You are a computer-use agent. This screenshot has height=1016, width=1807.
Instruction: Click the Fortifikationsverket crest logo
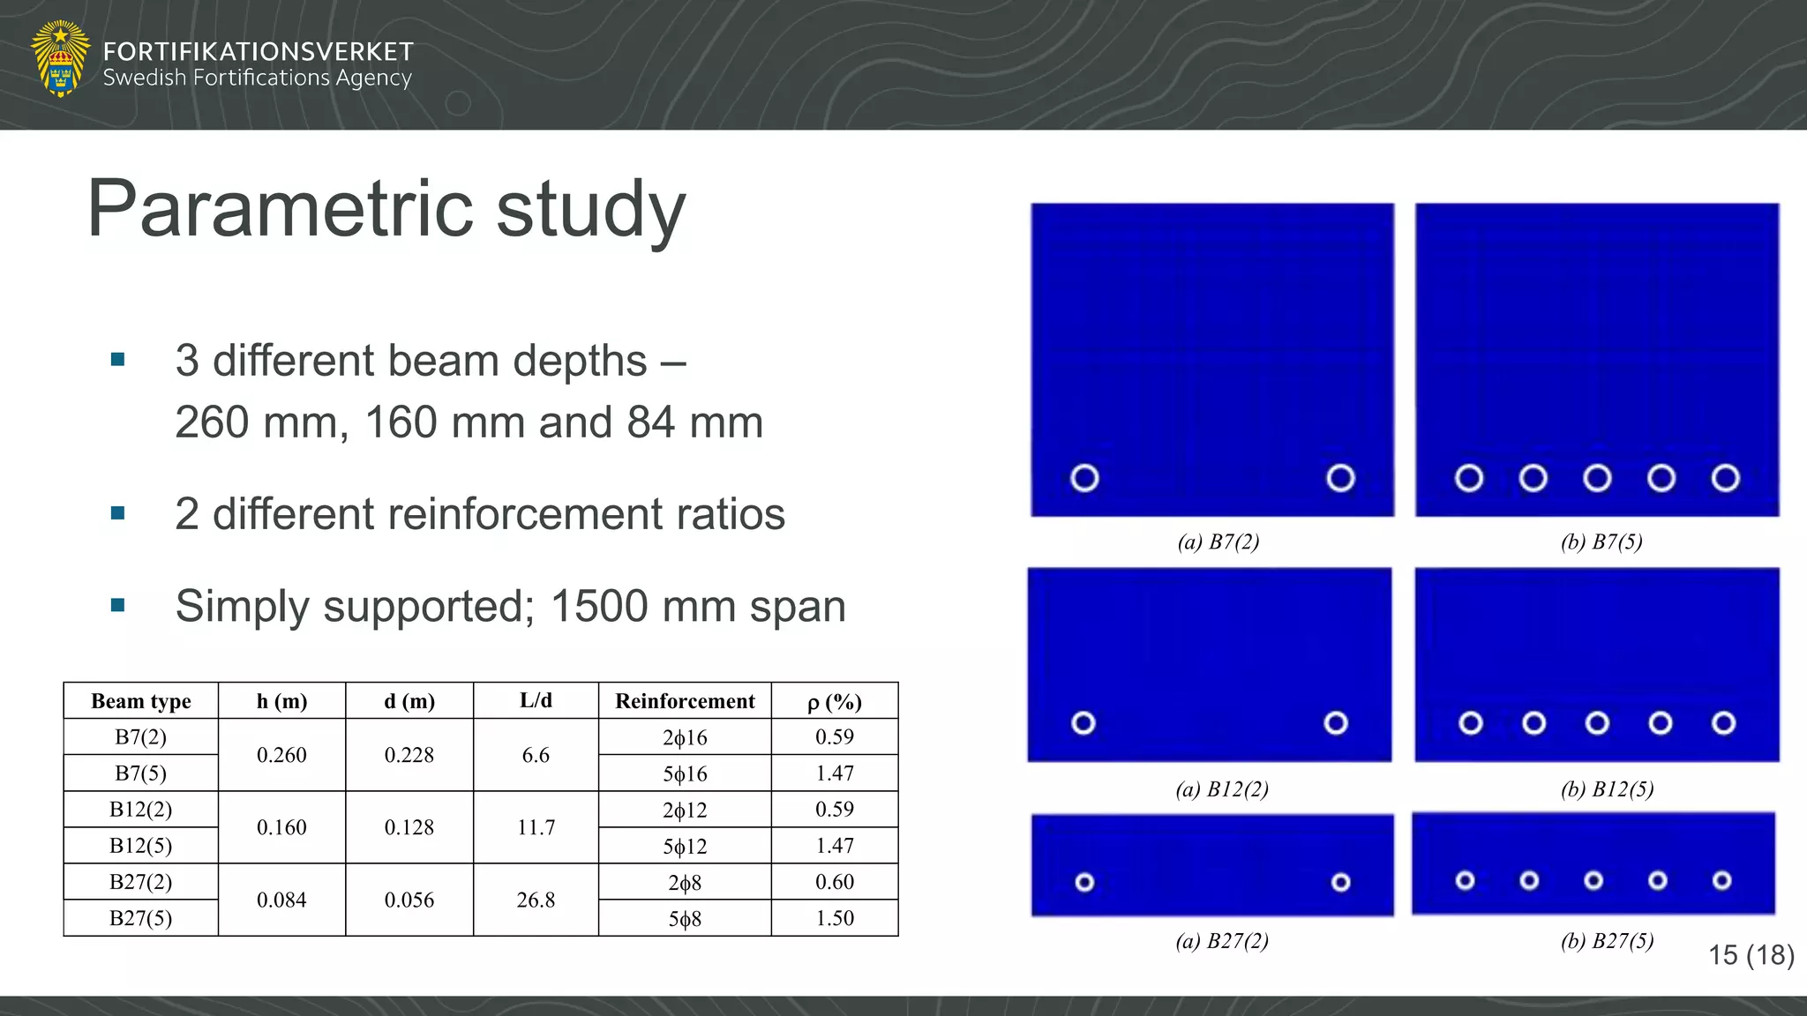click(x=60, y=58)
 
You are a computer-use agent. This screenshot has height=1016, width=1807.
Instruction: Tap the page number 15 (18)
click(x=1751, y=954)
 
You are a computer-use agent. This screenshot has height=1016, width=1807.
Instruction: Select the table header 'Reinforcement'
click(x=685, y=701)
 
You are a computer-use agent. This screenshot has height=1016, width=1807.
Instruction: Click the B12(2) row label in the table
click(x=140, y=810)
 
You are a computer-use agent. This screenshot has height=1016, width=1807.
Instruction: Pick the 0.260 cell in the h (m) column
click(x=281, y=755)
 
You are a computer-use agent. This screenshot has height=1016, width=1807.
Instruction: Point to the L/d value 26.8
click(x=536, y=900)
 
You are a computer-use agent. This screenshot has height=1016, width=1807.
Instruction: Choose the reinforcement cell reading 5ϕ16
click(x=685, y=773)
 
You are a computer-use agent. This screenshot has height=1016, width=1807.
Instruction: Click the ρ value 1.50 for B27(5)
click(x=835, y=918)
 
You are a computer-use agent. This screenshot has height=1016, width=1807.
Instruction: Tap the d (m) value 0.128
click(x=409, y=827)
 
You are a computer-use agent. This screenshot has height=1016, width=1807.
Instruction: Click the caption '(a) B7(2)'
click(x=1218, y=542)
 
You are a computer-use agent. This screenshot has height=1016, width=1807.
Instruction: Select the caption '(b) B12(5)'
click(x=1607, y=788)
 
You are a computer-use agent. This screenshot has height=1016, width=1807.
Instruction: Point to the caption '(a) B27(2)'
click(x=1222, y=941)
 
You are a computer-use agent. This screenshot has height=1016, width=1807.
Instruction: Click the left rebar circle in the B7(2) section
click(x=1084, y=478)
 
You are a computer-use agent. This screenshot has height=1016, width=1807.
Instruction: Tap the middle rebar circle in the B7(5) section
click(x=1597, y=478)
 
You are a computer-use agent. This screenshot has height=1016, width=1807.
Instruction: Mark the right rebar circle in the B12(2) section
click(x=1336, y=723)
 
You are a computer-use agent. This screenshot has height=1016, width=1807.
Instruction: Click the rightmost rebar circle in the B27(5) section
click(x=1721, y=880)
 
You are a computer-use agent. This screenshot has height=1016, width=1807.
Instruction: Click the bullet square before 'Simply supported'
click(x=118, y=605)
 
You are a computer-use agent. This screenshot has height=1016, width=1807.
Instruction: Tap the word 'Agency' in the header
click(x=373, y=78)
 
